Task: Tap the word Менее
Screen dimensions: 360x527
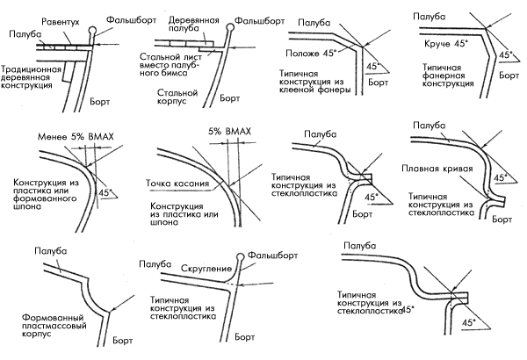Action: coord(54,138)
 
